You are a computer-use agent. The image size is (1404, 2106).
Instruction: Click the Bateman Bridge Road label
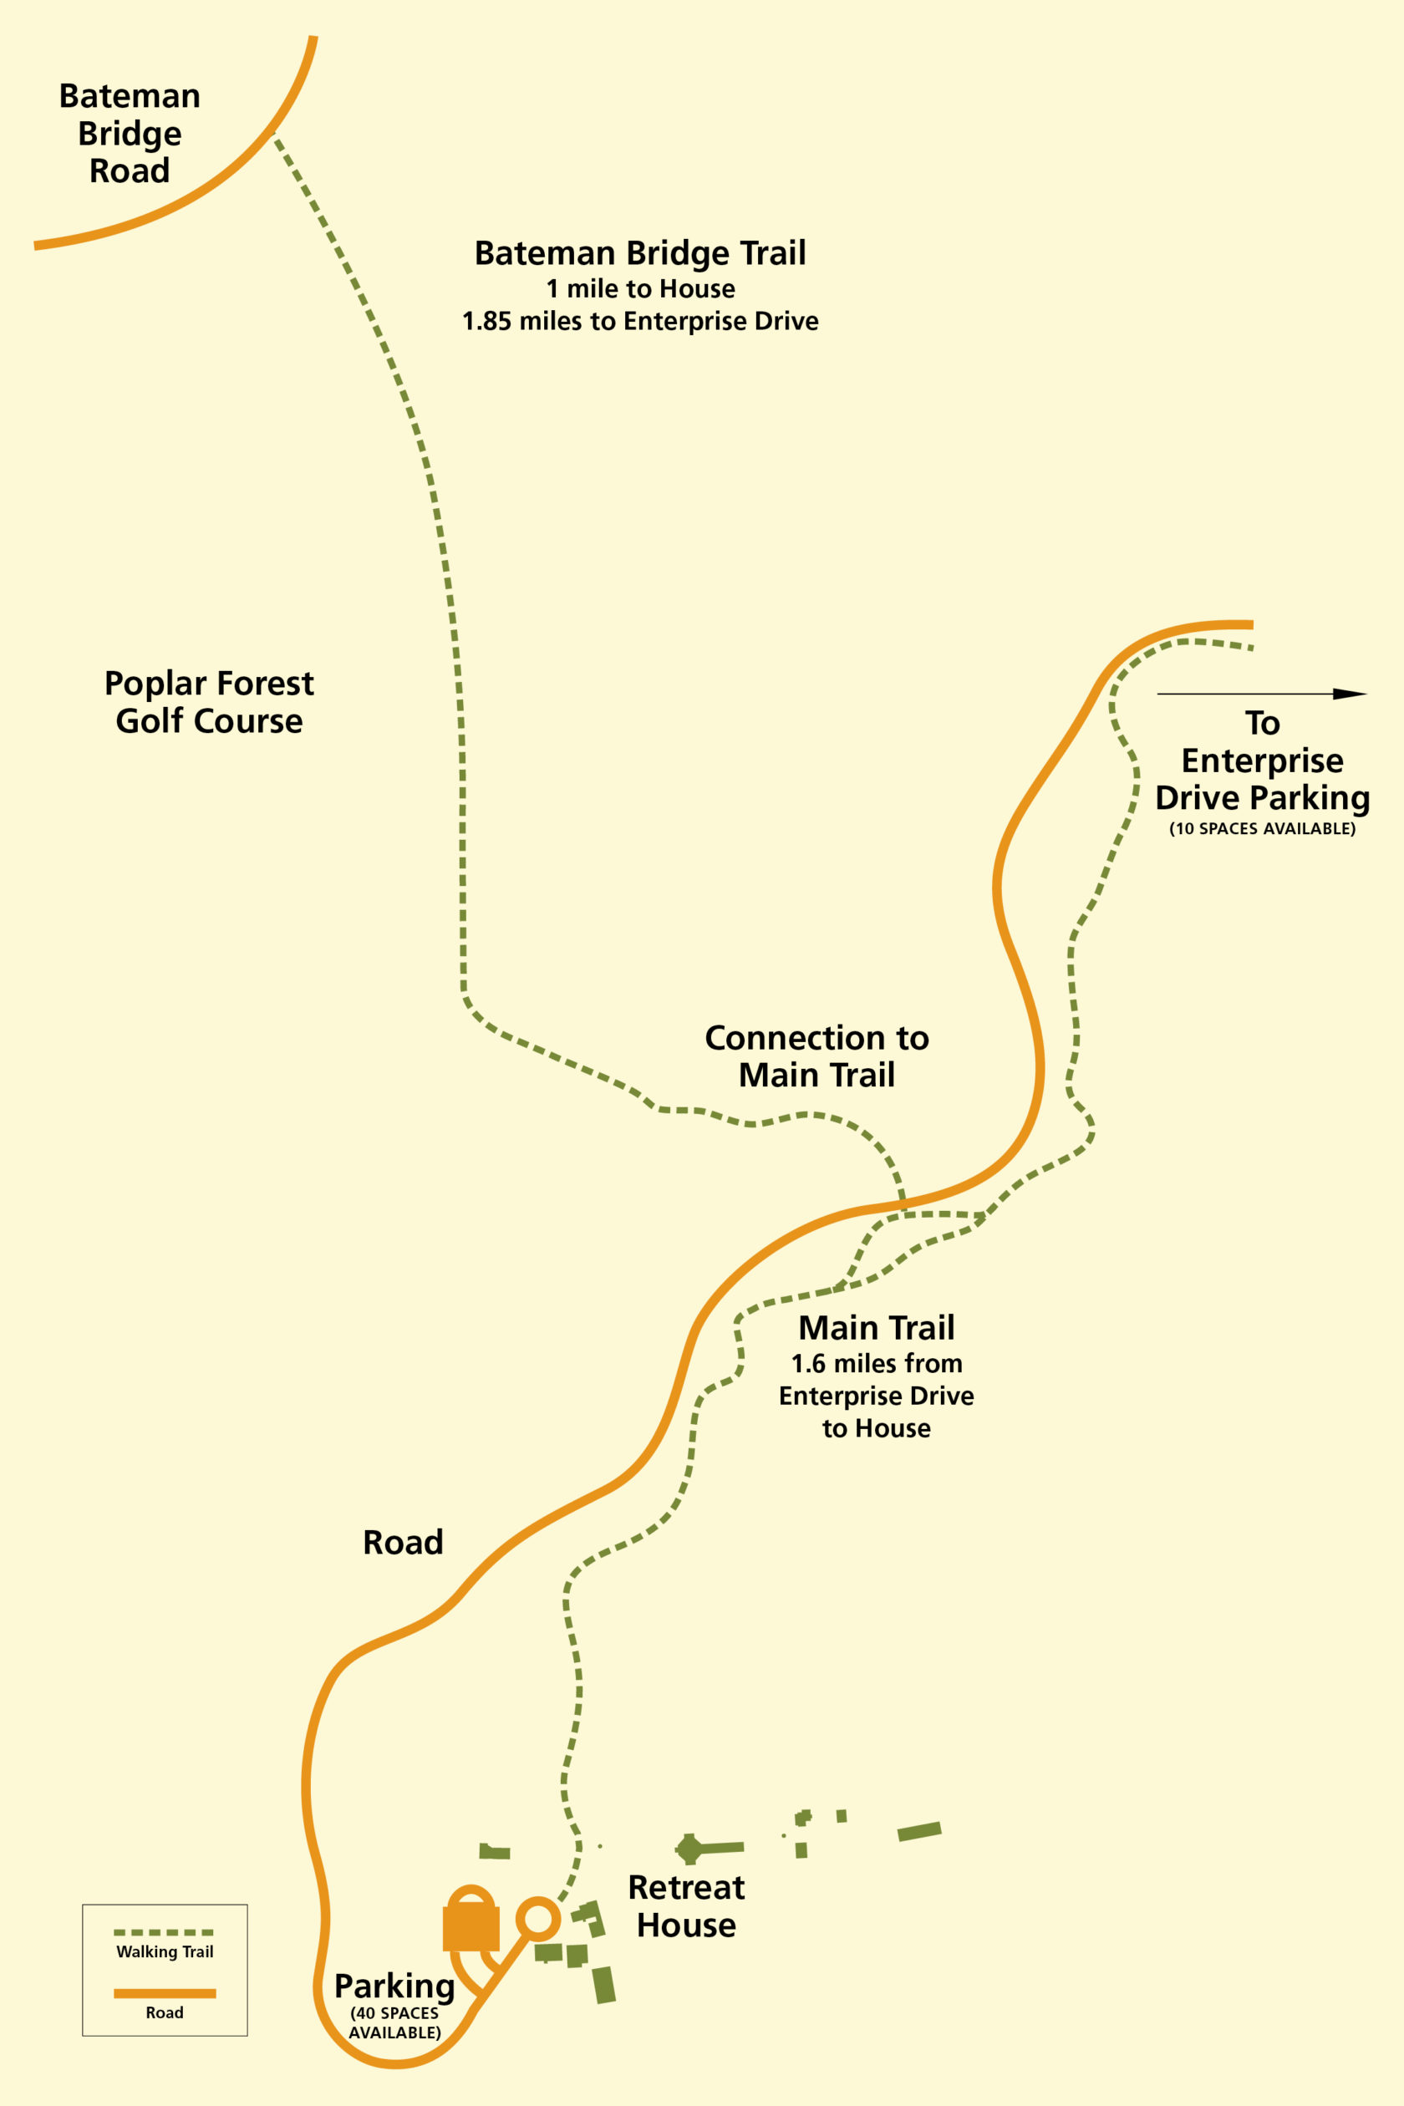(130, 134)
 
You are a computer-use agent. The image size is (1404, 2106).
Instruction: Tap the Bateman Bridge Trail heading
(640, 253)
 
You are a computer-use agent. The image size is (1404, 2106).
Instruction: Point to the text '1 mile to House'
(640, 289)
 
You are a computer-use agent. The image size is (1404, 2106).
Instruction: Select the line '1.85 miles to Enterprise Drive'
(640, 322)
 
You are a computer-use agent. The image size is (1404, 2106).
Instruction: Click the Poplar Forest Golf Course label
(209, 702)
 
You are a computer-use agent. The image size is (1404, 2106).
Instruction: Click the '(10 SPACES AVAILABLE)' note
(1262, 829)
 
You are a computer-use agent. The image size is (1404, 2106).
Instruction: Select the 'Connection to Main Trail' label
(816, 1056)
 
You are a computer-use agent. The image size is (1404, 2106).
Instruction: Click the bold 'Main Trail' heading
(876, 1327)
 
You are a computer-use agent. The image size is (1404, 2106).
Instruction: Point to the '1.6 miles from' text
(876, 1364)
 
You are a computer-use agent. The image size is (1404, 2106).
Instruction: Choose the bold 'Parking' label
(394, 1986)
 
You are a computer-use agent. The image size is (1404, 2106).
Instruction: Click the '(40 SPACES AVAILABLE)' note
(394, 2022)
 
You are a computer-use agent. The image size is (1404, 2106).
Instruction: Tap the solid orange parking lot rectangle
(471, 1928)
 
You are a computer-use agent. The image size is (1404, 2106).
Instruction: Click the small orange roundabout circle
(538, 1919)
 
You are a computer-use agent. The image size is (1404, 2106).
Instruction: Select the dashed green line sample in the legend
(164, 1933)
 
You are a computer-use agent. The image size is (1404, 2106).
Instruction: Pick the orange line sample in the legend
(164, 1994)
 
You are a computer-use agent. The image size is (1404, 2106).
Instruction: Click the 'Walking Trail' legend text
(165, 1952)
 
